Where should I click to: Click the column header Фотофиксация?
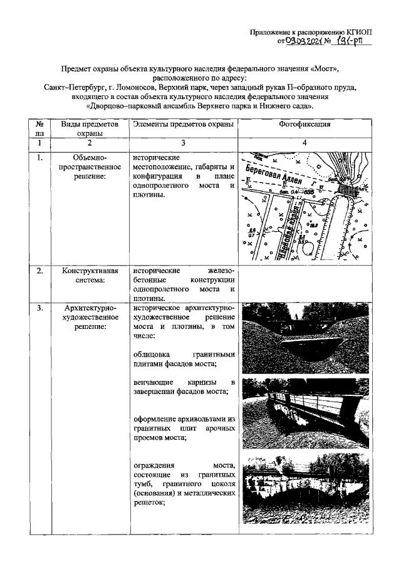[305, 125]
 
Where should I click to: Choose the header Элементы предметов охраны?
[184, 125]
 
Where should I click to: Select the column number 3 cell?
[184, 144]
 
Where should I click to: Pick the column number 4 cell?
[305, 144]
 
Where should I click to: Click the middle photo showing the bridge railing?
[305, 414]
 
